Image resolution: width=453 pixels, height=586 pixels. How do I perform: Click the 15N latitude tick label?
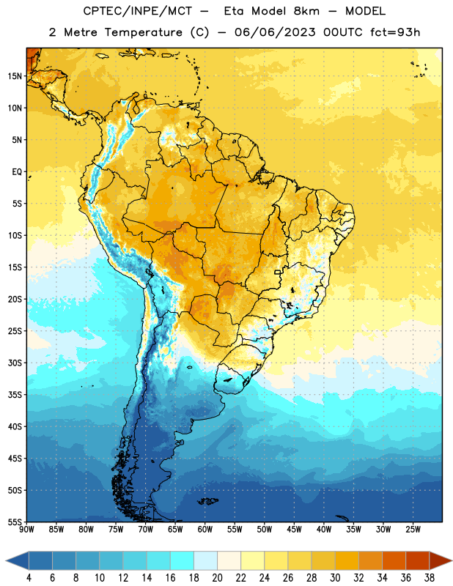(15, 76)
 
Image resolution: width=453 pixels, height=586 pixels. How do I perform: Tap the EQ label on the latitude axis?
(17, 172)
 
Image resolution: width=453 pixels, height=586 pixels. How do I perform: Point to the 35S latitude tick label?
(15, 395)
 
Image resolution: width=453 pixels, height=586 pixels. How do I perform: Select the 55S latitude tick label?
(15, 522)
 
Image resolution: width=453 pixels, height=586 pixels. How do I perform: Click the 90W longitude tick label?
(26, 530)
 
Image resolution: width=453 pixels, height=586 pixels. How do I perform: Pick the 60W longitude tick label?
(205, 530)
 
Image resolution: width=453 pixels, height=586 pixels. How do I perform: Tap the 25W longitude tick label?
(413, 530)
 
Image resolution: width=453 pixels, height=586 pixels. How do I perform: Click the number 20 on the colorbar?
(217, 578)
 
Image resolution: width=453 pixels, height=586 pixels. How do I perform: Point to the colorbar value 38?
(430, 578)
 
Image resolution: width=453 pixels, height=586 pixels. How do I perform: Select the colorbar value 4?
(29, 578)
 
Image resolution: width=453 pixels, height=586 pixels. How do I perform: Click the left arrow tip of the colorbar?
(6, 560)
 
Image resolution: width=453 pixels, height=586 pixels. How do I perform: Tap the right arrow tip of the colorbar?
(452, 560)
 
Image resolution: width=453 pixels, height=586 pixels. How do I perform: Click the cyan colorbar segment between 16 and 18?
(183, 560)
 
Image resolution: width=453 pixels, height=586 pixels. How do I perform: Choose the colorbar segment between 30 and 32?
(347, 560)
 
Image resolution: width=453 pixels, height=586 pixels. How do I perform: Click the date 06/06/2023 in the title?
(276, 32)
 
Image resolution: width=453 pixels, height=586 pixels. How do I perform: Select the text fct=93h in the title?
(395, 32)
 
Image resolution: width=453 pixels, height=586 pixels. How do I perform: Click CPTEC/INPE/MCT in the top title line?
(138, 11)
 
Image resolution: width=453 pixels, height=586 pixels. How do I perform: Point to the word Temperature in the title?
(143, 32)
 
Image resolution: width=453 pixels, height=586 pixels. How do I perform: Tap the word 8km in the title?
(306, 11)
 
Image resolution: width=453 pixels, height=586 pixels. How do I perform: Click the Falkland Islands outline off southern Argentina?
(207, 501)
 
